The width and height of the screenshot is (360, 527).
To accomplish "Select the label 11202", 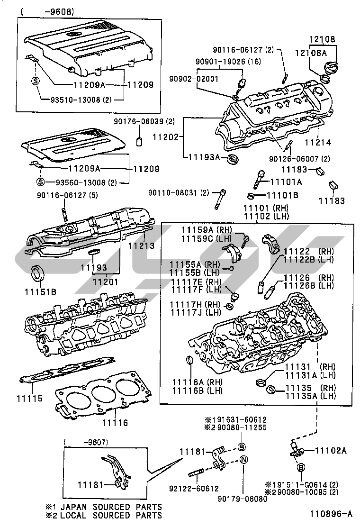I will [x=165, y=137].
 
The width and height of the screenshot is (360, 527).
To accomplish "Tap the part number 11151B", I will [x=40, y=291].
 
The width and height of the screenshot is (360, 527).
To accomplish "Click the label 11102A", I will [x=331, y=450].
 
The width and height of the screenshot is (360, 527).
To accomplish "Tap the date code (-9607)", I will [x=88, y=442].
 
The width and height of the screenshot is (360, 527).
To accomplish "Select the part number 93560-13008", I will [x=81, y=182].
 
